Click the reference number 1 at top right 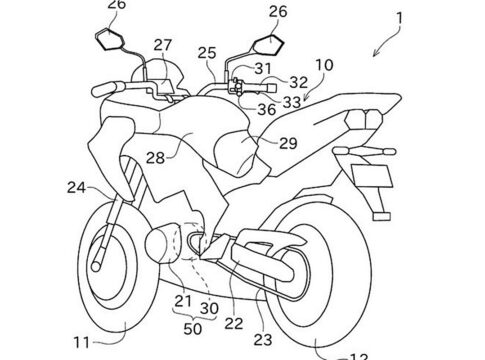399,18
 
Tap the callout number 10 324,65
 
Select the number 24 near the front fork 76,188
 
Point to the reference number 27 163,45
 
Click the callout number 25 207,53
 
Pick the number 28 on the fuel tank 156,158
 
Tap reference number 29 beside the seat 288,143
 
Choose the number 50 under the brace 193,329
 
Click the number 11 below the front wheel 82,342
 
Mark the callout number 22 234,323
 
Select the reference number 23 263,340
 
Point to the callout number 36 267,109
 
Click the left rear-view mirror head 110,39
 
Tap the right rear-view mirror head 269,44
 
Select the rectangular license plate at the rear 372,176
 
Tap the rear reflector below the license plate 382,217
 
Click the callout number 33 292,102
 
